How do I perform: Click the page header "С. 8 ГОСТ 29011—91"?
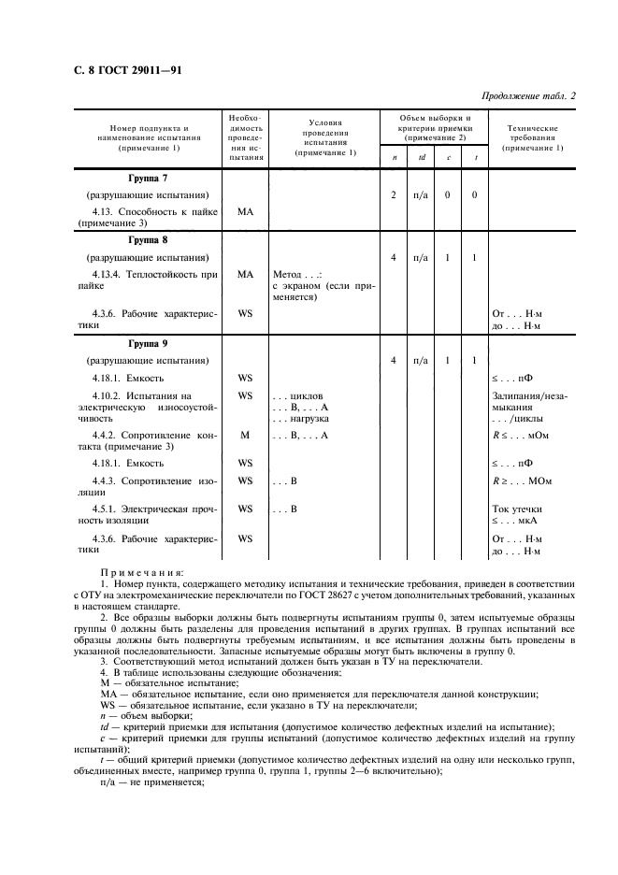tap(115, 68)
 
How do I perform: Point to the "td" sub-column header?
tap(422, 157)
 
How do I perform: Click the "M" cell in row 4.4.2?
tap(245, 436)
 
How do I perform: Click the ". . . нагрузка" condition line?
tap(301, 419)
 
